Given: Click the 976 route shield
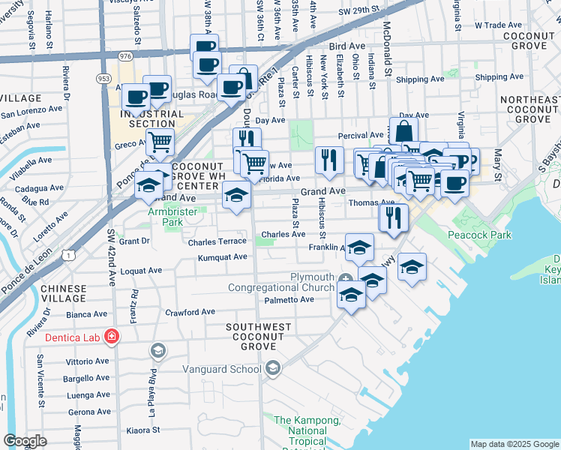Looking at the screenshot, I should click(x=125, y=55).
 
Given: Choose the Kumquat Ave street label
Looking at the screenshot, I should click(x=222, y=257).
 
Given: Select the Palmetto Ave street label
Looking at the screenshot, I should click(x=289, y=299).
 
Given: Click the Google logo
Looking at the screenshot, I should click(x=25, y=441).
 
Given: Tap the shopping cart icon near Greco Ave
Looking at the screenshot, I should click(x=160, y=142).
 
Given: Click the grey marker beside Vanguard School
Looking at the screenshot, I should click(x=273, y=367).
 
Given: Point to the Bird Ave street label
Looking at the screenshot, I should click(x=346, y=46).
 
